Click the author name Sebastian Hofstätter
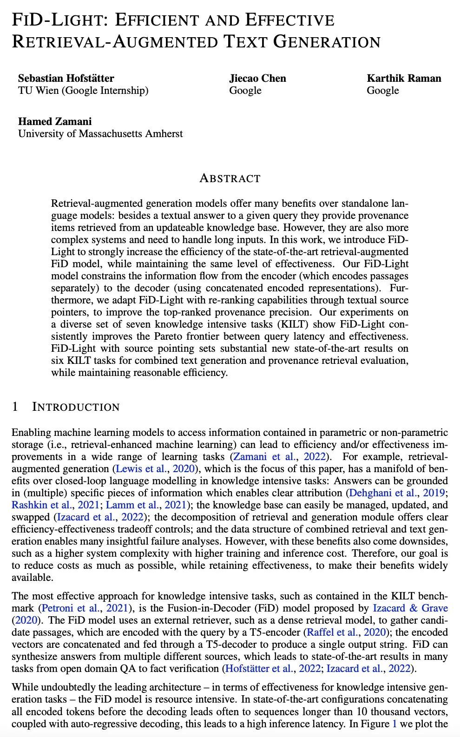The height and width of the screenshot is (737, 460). (66, 78)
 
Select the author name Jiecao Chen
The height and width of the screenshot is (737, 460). (257, 78)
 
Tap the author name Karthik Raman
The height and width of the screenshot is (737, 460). (404, 78)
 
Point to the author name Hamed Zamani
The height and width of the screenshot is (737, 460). (55, 121)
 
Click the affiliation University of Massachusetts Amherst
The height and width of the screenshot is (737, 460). (100, 134)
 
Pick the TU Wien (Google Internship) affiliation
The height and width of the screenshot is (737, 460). (83, 90)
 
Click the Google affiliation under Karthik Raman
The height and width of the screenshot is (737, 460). (382, 90)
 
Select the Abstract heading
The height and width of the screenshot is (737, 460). (230, 178)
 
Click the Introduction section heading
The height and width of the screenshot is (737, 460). (76, 407)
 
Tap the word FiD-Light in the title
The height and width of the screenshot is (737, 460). (57, 20)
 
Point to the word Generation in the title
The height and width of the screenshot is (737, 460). (327, 42)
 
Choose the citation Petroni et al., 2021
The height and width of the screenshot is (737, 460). (83, 608)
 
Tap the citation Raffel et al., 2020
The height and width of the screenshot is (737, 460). (346, 632)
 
